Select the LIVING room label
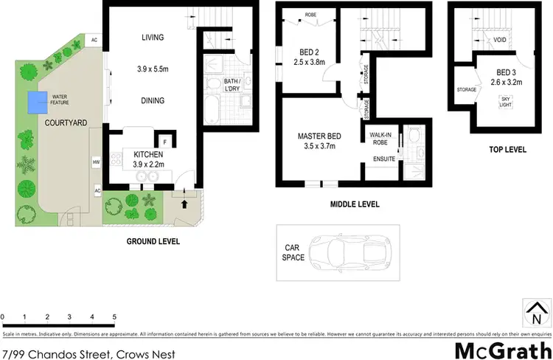click(153, 38)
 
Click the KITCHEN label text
click(148, 154)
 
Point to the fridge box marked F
click(164, 140)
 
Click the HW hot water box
click(96, 161)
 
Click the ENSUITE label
click(384, 159)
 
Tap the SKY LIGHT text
click(506, 102)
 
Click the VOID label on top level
click(499, 41)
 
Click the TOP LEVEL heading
click(507, 150)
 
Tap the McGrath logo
click(504, 348)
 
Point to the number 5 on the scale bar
click(114, 316)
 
